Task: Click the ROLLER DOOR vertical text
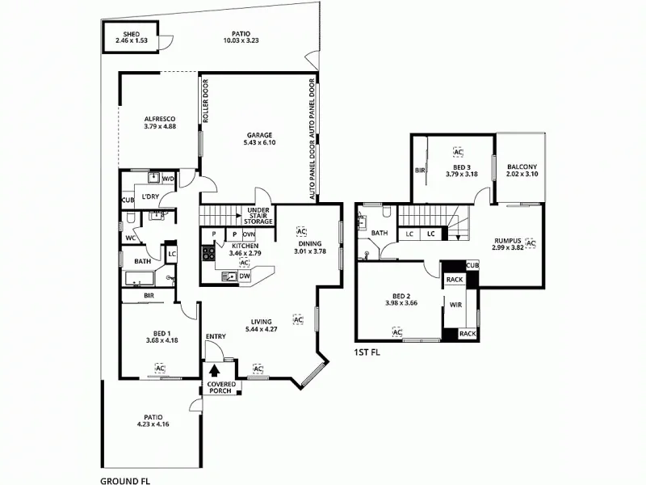pos(207,101)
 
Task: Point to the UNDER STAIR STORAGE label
pos(259,215)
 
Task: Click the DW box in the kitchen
pos(244,275)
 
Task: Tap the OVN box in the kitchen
pos(249,234)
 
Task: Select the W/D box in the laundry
pos(168,179)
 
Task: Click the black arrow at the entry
pos(215,372)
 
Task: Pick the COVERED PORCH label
pos(220,388)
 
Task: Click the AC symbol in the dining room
pos(301,231)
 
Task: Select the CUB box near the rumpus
pos(472,265)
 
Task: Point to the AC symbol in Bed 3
pos(458,152)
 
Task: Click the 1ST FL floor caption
pos(367,353)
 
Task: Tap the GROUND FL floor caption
pos(125,479)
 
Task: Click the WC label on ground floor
pos(129,238)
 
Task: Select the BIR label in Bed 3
pos(420,171)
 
